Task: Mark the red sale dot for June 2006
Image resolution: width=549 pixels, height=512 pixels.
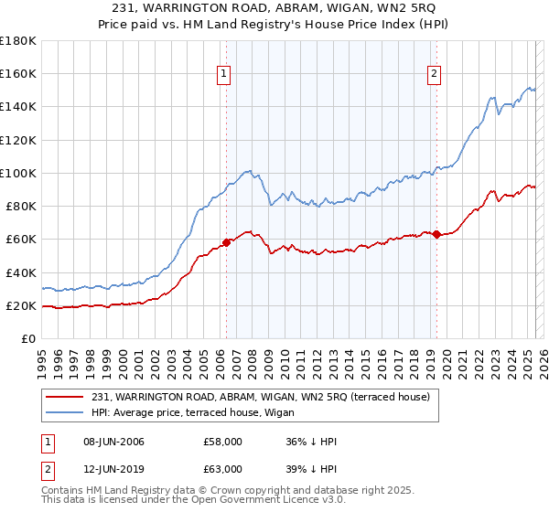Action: (226, 242)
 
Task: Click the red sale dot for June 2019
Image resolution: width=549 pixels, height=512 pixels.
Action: (436, 234)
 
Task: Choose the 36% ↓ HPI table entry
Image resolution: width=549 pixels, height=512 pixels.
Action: (311, 443)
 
